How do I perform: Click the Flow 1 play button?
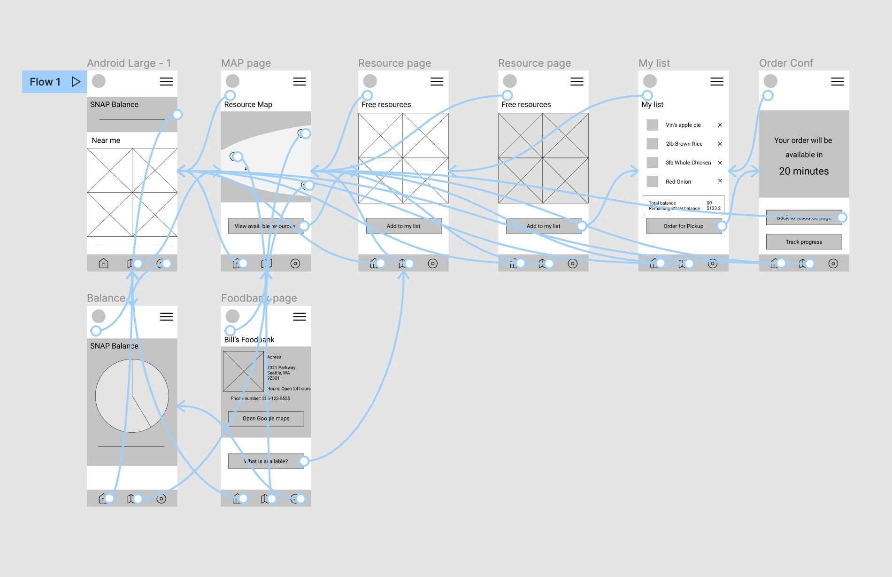tap(76, 82)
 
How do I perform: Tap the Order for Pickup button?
tap(683, 226)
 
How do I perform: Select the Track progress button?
tap(804, 242)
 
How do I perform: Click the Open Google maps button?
tap(266, 419)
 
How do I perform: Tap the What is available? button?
tap(266, 461)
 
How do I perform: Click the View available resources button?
tap(265, 226)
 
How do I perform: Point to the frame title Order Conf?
tap(786, 63)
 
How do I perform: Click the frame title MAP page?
tap(246, 63)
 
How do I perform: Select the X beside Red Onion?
tap(720, 181)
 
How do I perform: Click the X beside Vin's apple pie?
tap(720, 125)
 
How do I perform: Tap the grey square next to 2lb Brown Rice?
tap(652, 144)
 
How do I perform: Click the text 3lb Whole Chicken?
tap(688, 163)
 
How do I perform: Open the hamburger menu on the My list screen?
tap(716, 82)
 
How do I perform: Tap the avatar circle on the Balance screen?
tap(99, 316)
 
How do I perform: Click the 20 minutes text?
tap(804, 171)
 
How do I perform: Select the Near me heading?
tap(106, 140)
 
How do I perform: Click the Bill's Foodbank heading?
tap(249, 340)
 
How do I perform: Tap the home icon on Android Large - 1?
tap(103, 264)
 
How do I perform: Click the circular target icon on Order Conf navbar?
tap(833, 264)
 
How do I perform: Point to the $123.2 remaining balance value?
tap(713, 208)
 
